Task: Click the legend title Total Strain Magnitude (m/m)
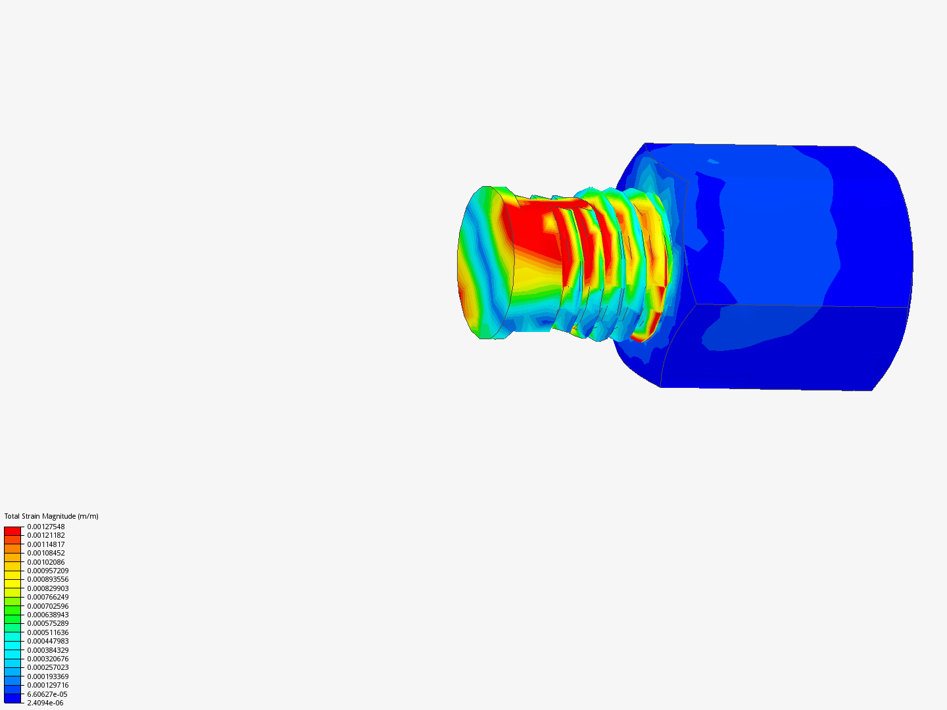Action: coord(51,516)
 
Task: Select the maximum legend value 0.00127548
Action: coord(46,527)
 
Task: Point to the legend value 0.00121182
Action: coord(46,535)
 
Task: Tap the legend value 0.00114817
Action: coord(46,544)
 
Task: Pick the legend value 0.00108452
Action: coord(46,553)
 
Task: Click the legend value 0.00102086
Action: coord(46,562)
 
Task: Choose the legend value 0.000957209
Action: coord(48,571)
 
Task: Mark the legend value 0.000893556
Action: coord(48,579)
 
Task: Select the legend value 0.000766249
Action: coord(48,597)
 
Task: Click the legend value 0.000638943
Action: coord(48,615)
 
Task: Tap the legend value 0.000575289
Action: coord(48,623)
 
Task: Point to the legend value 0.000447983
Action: coord(48,641)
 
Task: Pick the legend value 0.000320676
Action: coord(48,659)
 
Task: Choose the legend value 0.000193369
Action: coord(48,676)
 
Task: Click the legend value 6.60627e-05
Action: coord(47,694)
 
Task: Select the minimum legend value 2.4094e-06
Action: coord(45,703)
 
